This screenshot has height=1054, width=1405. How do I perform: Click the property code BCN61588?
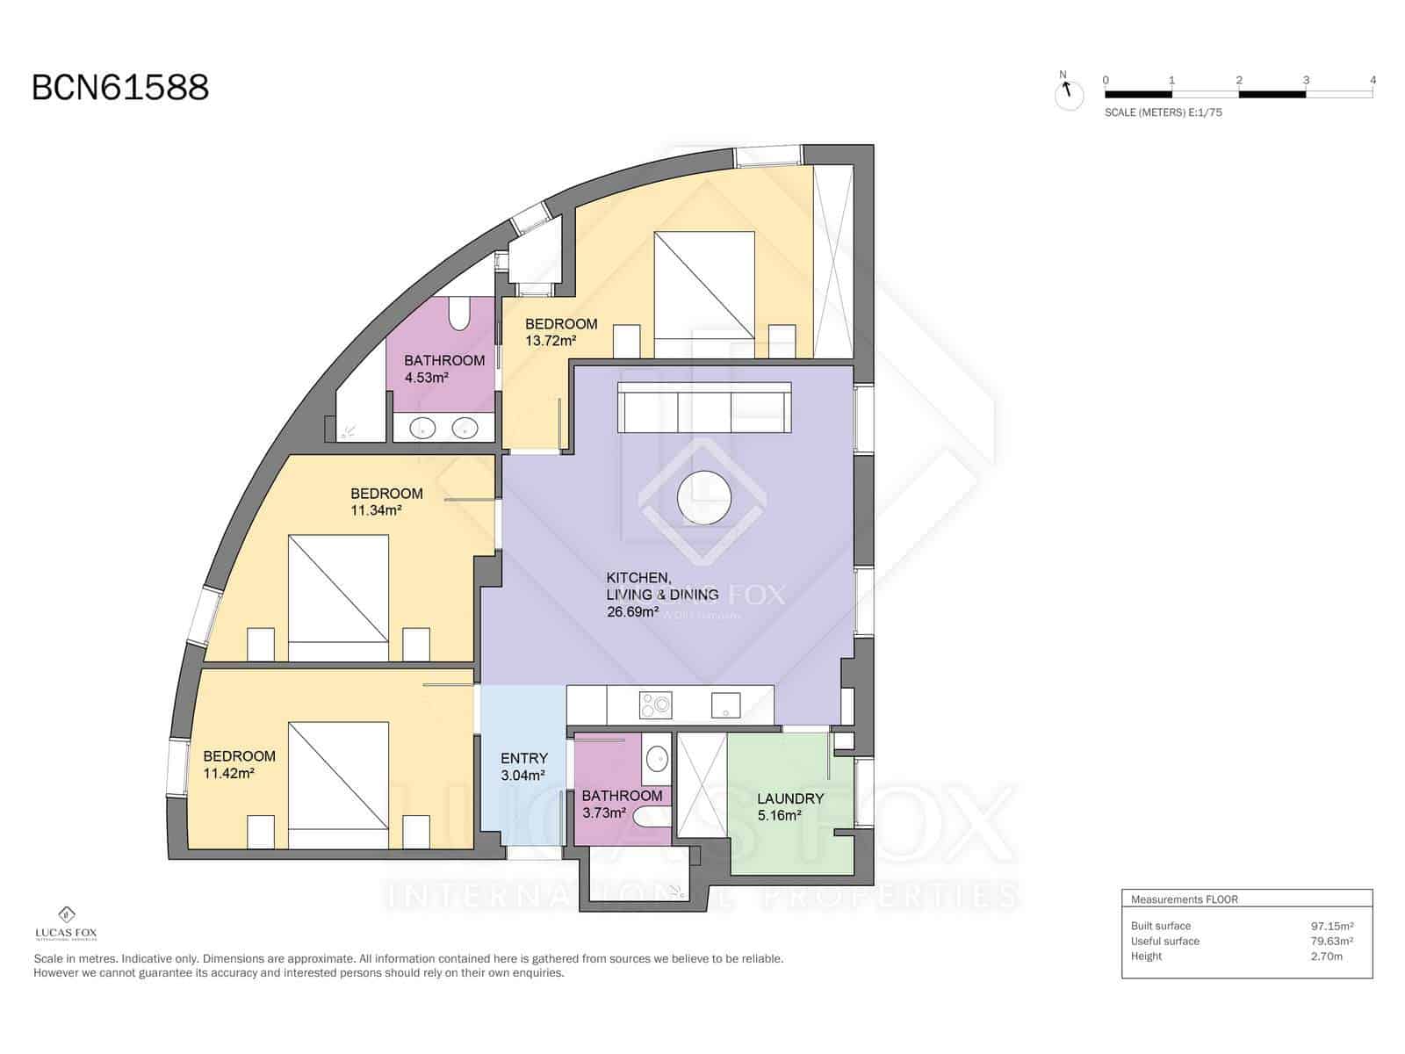pyautogui.click(x=120, y=88)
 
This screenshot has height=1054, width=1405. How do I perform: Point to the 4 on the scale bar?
pyautogui.click(x=1373, y=80)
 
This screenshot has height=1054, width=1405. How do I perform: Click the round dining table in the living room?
pyautogui.click(x=704, y=498)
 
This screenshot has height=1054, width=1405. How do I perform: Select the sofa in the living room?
pyautogui.click(x=704, y=407)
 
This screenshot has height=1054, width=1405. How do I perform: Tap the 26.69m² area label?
pyautogui.click(x=632, y=611)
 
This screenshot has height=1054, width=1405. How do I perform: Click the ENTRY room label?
pyautogui.click(x=524, y=758)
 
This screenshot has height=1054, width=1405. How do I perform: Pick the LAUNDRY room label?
pyautogui.click(x=790, y=798)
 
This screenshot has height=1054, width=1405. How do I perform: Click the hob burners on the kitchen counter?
pyautogui.click(x=655, y=704)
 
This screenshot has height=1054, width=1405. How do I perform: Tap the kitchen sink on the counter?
pyautogui.click(x=726, y=704)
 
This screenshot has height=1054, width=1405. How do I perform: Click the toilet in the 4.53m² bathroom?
pyautogui.click(x=459, y=314)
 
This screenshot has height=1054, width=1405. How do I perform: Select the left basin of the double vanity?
pyautogui.click(x=423, y=429)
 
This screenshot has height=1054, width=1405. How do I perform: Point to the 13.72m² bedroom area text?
pyautogui.click(x=551, y=341)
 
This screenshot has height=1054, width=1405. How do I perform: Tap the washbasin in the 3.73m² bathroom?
pyautogui.click(x=656, y=759)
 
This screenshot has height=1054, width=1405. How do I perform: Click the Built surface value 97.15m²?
pyautogui.click(x=1331, y=926)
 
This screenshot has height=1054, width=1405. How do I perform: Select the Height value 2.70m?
pyautogui.click(x=1326, y=957)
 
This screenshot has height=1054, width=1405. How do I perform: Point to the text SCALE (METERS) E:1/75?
pyautogui.click(x=1163, y=112)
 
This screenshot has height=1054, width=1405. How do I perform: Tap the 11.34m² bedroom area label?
pyautogui.click(x=376, y=510)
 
